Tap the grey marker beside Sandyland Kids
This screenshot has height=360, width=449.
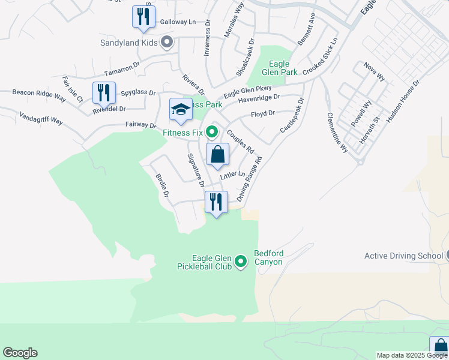[x=167, y=42]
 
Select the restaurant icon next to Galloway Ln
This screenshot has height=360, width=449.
[x=143, y=17]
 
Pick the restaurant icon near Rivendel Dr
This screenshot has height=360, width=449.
[x=103, y=94]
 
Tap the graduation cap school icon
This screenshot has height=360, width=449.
[x=181, y=110]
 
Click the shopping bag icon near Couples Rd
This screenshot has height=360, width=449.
[x=217, y=154]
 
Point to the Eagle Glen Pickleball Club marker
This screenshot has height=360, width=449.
[x=241, y=261]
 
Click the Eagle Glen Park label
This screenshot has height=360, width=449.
[x=280, y=68]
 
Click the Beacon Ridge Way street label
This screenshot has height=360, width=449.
[x=39, y=94]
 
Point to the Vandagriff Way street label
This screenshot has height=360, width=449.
[x=41, y=118]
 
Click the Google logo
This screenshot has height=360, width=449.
[x=20, y=353]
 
